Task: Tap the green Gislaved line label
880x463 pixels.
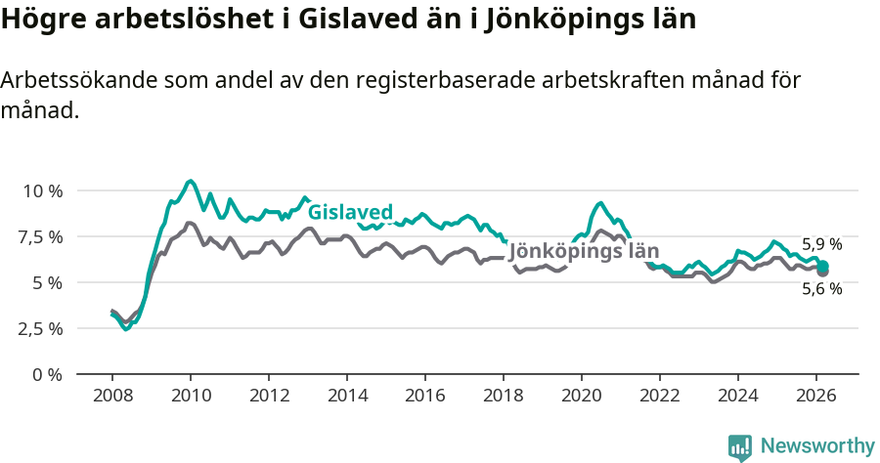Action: pyautogui.click(x=350, y=212)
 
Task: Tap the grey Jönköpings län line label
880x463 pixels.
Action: pyautogui.click(x=584, y=251)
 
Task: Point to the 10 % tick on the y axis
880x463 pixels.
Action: pyautogui.click(x=42, y=190)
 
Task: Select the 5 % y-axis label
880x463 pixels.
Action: pyautogui.click(x=47, y=282)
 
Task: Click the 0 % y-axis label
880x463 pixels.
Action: pyautogui.click(x=47, y=374)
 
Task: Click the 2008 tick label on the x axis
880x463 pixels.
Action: pyautogui.click(x=112, y=395)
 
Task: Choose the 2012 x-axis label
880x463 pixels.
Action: pyautogui.click(x=269, y=395)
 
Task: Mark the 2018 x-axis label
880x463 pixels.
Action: pyautogui.click(x=504, y=395)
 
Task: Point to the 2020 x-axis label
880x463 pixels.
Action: pyautogui.click(x=582, y=395)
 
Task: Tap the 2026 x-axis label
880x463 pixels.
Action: pyautogui.click(x=816, y=395)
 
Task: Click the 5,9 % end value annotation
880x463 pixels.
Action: pyautogui.click(x=821, y=244)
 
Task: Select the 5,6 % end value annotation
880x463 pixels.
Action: pyautogui.click(x=821, y=289)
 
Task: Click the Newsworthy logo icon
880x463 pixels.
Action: pyautogui.click(x=740, y=446)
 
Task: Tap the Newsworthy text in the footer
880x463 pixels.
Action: pyautogui.click(x=817, y=446)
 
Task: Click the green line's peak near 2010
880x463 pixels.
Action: pyautogui.click(x=191, y=181)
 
